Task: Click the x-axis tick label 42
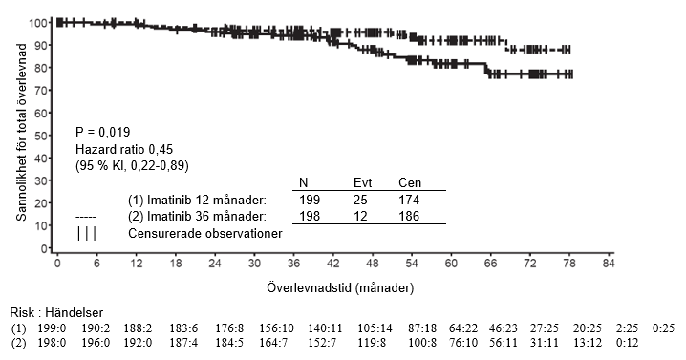point(332,264)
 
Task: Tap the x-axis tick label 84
point(609,264)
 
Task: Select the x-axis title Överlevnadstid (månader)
point(340,287)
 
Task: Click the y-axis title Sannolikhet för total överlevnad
point(21,132)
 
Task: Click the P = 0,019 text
point(103,132)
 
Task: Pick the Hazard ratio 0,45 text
point(124,149)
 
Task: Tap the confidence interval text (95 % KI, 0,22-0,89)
point(132,166)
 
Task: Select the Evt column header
point(362,182)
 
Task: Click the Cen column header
point(410,182)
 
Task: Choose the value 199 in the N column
point(310,200)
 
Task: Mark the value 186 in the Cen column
point(409,216)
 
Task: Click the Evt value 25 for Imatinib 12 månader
point(360,200)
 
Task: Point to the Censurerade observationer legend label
point(205,233)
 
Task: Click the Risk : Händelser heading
point(56,313)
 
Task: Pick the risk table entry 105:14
point(375,328)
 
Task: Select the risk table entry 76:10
point(463,342)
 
